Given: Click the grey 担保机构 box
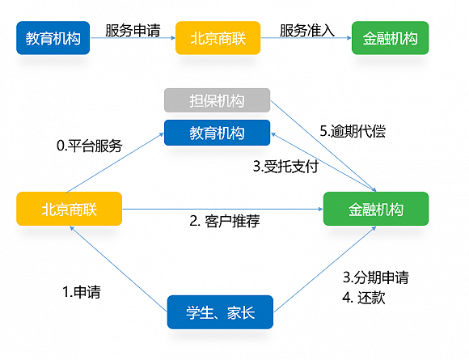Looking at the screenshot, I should coord(216,101).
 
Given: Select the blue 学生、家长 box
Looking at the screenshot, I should coord(220,312).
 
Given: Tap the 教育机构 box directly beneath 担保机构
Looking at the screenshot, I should coord(216,132).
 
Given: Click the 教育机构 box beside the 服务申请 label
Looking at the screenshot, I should coord(53,38).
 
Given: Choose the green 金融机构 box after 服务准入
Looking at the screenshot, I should coord(391,38).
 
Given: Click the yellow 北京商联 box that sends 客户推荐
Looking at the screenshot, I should coord(69,209).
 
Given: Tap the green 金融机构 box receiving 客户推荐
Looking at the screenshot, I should coord(376,209).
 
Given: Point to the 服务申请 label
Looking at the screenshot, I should coord(133,31).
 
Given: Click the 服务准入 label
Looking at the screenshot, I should coord(306,31).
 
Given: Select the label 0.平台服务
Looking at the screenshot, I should coord(89,146).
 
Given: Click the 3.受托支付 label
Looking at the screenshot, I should coord(285,167).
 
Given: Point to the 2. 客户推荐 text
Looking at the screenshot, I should coord(224,221).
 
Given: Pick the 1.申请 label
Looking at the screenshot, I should coord(82,290).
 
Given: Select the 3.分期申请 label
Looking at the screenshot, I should coord(376,277).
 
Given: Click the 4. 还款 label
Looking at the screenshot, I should coord(364,297).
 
